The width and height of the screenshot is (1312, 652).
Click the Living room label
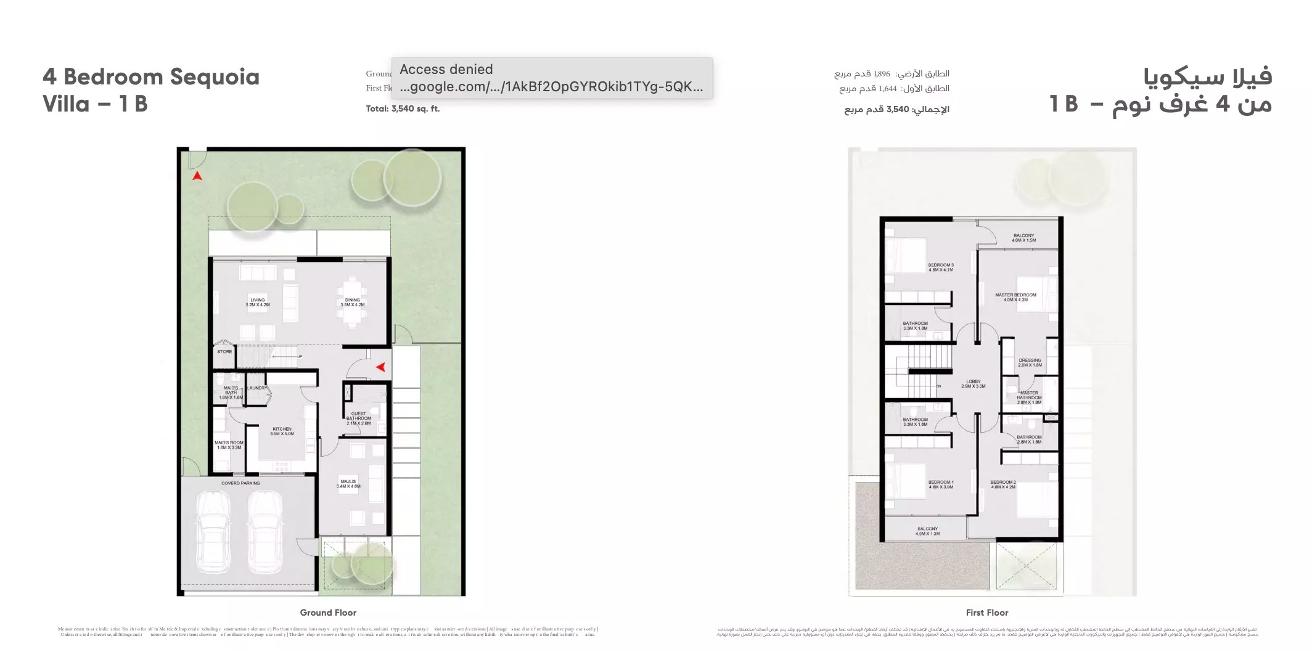tap(258, 302)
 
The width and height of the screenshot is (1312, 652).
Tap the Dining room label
tap(353, 302)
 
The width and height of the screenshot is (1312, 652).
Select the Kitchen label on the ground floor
tap(282, 431)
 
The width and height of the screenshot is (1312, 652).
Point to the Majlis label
tap(348, 484)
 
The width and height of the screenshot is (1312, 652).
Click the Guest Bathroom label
tap(358, 418)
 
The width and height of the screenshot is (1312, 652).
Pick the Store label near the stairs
tap(224, 352)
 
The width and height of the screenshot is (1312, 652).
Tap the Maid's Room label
tap(229, 445)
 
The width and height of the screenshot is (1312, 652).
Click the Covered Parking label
tap(240, 483)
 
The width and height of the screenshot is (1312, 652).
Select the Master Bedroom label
tap(1015, 297)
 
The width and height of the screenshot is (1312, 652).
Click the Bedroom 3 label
tap(941, 267)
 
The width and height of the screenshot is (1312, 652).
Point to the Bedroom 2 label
tap(1003, 484)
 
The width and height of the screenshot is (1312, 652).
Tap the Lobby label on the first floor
tap(973, 383)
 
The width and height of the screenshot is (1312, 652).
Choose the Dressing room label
tap(1030, 362)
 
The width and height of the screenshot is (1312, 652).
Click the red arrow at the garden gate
tap(197, 176)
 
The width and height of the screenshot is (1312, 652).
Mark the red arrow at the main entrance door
tap(381, 367)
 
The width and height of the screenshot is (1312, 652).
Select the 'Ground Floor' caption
tap(328, 613)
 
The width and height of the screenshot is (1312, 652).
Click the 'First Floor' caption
tap(987, 613)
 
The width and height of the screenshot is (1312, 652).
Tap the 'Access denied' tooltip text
tap(446, 70)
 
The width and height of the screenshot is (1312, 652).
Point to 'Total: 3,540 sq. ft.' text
tap(403, 109)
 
